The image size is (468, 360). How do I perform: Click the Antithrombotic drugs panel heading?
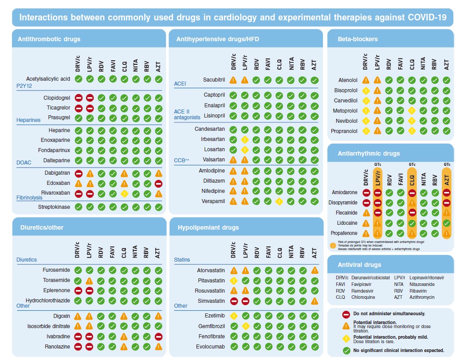49,39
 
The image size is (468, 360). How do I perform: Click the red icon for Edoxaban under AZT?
159,183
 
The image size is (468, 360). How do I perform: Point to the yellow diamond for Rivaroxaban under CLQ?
125,193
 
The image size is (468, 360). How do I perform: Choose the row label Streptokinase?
54,207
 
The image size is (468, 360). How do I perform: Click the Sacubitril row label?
214,80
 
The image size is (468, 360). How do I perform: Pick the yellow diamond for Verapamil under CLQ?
279,201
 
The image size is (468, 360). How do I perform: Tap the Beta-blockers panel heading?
358,39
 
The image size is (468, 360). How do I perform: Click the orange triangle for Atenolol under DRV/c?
366,80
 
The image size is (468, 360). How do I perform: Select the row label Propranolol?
344,131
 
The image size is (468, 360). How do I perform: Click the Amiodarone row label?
345,192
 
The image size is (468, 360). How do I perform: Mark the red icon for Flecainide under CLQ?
412,213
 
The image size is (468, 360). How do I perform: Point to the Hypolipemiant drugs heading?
208,227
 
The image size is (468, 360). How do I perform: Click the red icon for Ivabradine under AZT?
159,336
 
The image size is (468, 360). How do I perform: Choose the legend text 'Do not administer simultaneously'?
389,313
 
